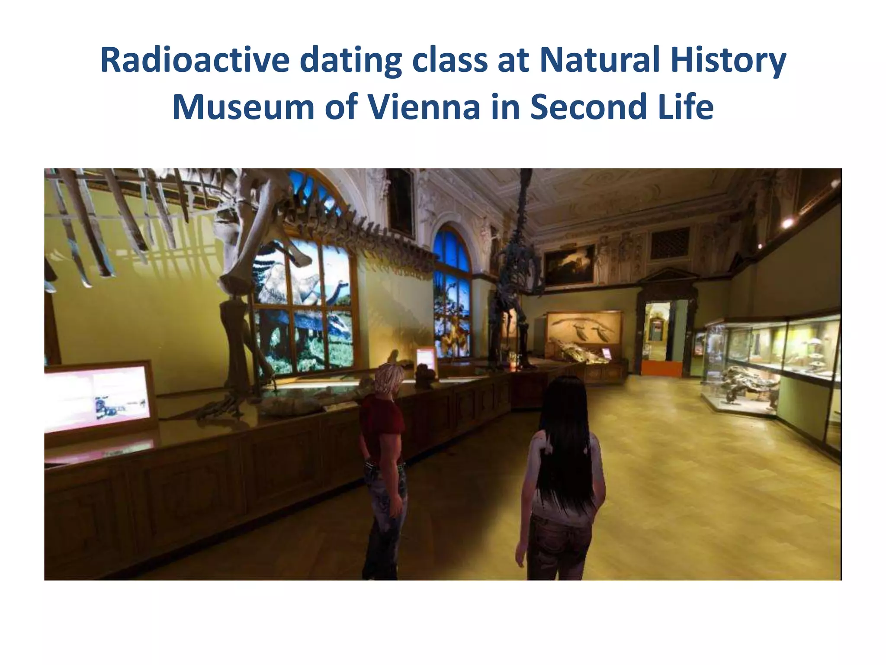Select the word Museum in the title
pyautogui.click(x=243, y=107)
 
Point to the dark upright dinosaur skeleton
pyautogui.click(x=515, y=294)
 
